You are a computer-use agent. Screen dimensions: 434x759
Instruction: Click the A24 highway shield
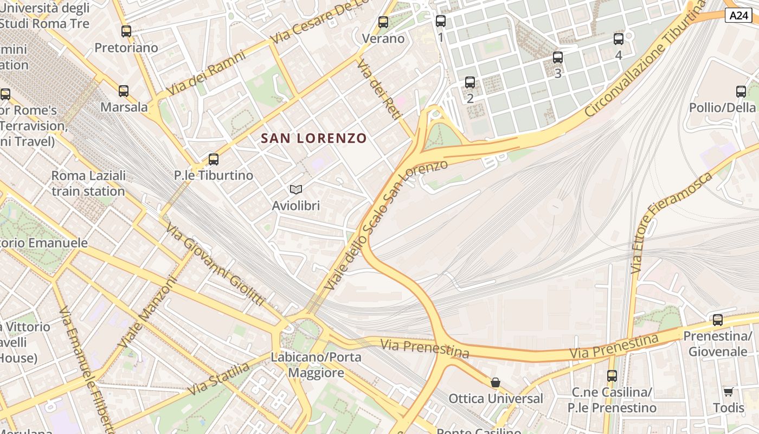click(x=738, y=15)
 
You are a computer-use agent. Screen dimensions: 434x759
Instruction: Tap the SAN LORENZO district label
click(x=314, y=138)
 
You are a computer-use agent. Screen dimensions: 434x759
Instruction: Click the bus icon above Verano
click(x=383, y=22)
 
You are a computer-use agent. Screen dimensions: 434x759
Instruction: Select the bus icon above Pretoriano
click(x=126, y=31)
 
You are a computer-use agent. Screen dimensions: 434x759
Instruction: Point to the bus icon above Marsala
click(x=124, y=91)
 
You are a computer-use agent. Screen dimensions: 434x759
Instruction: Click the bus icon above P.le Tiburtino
click(x=214, y=159)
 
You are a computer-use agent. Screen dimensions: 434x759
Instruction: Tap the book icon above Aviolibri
click(x=295, y=189)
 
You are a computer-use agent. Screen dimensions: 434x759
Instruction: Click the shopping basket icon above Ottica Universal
click(x=496, y=382)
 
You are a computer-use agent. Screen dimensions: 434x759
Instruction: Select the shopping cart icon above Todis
click(x=728, y=392)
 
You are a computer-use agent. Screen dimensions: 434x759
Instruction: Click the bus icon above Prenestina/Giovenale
click(x=718, y=320)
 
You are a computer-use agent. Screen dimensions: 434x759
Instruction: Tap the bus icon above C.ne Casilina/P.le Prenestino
click(x=612, y=375)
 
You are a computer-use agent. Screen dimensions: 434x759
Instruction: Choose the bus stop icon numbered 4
click(x=619, y=39)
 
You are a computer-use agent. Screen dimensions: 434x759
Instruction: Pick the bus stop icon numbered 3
click(x=558, y=58)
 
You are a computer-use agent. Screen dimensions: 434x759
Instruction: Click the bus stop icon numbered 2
click(x=470, y=82)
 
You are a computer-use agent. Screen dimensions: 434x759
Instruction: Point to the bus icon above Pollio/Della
click(x=741, y=92)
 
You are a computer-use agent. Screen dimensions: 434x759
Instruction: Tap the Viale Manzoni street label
click(x=147, y=313)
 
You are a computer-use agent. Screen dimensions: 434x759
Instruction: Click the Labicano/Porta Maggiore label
click(x=316, y=365)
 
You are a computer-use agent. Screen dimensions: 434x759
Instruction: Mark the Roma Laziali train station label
click(x=88, y=183)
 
